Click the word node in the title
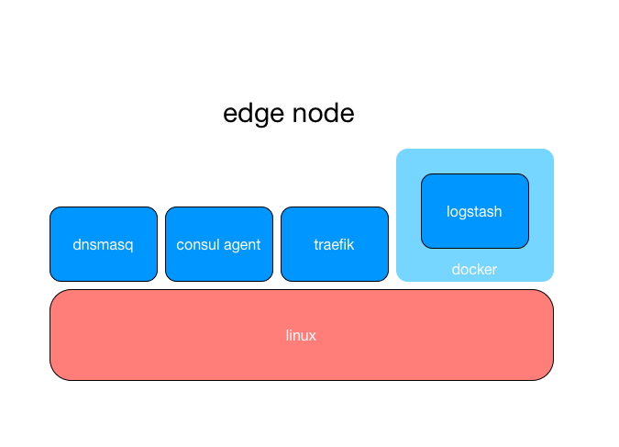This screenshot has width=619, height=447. (x=324, y=113)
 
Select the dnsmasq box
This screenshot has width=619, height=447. (x=104, y=244)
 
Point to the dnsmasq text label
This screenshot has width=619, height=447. (x=103, y=245)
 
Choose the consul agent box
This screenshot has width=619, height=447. (x=219, y=244)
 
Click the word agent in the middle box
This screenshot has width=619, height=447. (x=242, y=246)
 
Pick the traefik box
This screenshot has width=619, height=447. (x=335, y=244)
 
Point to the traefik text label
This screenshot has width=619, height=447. (x=334, y=244)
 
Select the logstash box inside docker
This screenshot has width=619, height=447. (x=475, y=211)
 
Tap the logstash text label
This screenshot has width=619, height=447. (x=474, y=212)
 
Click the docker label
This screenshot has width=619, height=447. (x=474, y=269)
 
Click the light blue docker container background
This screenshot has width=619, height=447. (x=475, y=162)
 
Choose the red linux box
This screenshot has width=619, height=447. (x=302, y=335)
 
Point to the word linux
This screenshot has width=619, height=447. (x=301, y=335)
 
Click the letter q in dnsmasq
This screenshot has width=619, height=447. (x=129, y=246)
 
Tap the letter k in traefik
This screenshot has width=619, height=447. (x=350, y=244)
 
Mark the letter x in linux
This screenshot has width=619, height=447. (x=312, y=336)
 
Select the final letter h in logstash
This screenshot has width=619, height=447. (x=498, y=211)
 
